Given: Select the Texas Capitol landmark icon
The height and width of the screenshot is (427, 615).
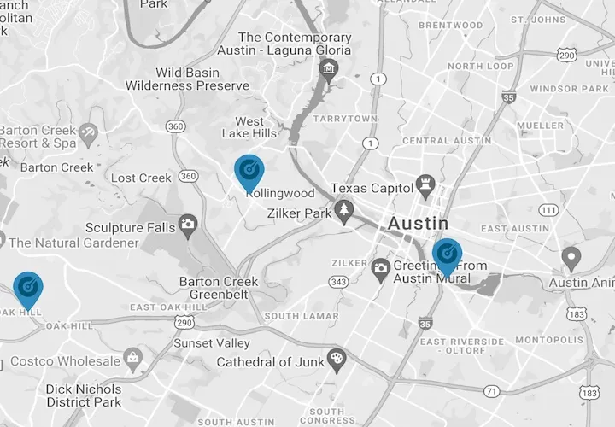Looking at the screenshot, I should point(425,184).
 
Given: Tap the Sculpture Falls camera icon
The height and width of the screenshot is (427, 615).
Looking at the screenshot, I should point(188,225).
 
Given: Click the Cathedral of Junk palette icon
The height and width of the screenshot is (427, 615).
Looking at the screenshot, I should point(335,357).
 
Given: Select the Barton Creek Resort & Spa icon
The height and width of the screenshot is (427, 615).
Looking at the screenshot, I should point(85,133).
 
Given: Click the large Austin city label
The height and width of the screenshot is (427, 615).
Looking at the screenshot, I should point(418,223).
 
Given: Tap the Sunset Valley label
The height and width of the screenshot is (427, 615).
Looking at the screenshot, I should point(212,343).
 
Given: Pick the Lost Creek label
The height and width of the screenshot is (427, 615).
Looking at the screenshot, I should point(142,178).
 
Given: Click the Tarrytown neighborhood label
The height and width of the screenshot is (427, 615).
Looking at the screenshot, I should point(345,119).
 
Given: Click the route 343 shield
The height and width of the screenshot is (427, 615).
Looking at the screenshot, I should point(338,282).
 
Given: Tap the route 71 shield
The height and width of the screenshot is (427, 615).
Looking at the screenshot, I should point(491,391).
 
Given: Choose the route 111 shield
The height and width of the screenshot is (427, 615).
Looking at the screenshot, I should point(549,210).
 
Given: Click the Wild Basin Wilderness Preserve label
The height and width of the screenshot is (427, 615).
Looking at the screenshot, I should point(187,79).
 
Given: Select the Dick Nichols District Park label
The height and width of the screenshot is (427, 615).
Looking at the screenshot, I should point(84,395).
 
